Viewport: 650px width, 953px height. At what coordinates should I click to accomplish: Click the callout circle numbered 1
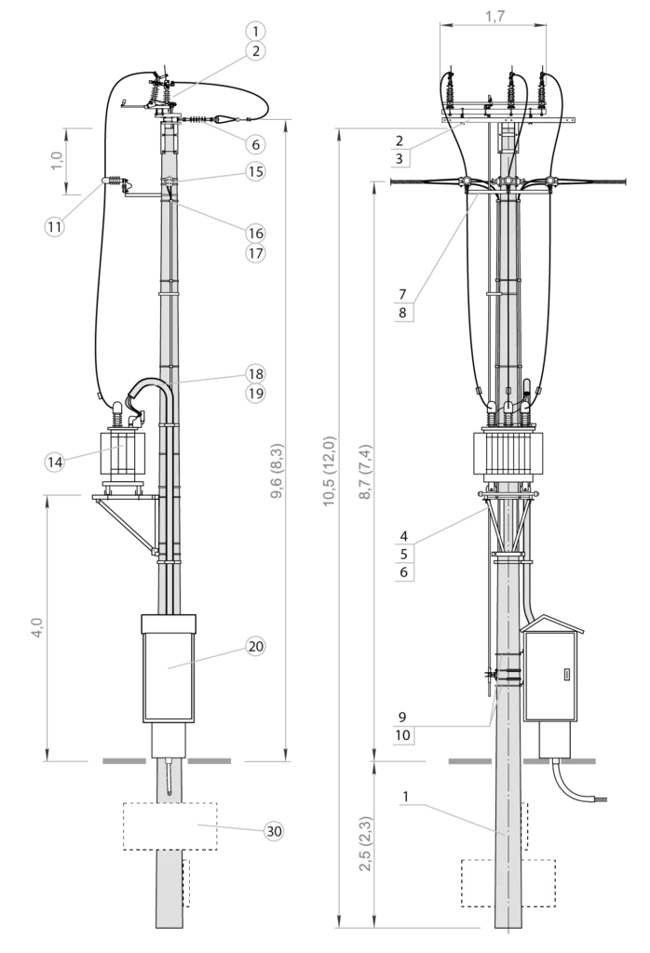coord(256,31)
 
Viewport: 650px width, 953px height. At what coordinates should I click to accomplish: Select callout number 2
coord(256,51)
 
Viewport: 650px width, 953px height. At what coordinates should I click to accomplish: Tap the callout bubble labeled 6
coord(256,144)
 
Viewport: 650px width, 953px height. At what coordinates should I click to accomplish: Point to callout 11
coord(54,225)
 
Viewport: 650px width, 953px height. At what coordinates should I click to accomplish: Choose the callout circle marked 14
coord(54,461)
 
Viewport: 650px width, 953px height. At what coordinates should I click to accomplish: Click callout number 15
coord(256,171)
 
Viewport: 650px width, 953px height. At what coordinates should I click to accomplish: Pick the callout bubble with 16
coord(256,233)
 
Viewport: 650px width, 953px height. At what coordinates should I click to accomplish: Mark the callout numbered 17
coord(256,253)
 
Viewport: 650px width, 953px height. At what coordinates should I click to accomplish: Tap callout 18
coord(256,373)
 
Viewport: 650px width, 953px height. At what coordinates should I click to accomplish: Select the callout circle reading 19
coord(256,394)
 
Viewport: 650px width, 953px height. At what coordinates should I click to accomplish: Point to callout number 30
coord(274,831)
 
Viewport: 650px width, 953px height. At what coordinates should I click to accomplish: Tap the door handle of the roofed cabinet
coord(566,675)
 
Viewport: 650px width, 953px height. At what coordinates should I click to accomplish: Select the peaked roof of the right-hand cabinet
coord(551,623)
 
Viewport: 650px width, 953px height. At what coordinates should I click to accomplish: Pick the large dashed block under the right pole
coord(508,881)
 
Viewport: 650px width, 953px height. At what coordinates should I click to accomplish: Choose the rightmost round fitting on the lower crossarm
coord(550,180)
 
